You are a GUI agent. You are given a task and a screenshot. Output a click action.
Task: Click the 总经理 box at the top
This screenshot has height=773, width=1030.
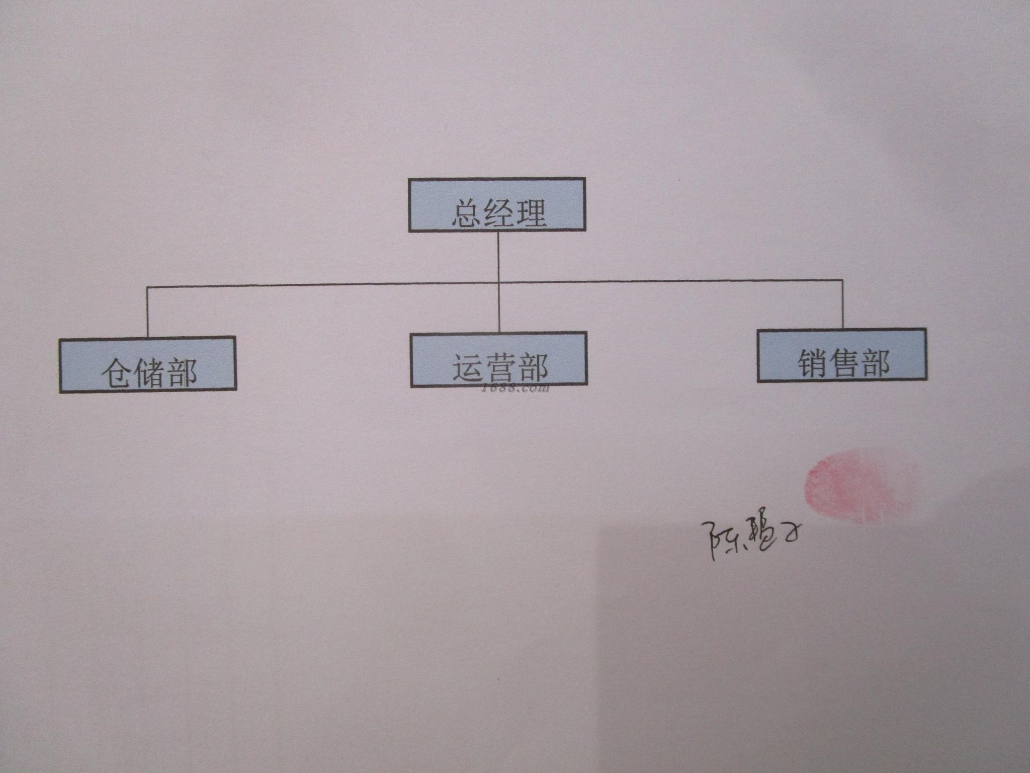pyautogui.click(x=497, y=205)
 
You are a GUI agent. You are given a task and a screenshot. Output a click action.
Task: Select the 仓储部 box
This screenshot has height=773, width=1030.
pyautogui.click(x=147, y=365)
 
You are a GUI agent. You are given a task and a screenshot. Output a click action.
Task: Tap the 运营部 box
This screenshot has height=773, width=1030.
pyautogui.click(x=498, y=359)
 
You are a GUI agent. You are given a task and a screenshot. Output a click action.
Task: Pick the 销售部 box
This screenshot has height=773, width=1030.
pyautogui.click(x=841, y=355)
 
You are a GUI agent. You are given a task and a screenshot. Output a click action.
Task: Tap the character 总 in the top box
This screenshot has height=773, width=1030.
pyautogui.click(x=466, y=213)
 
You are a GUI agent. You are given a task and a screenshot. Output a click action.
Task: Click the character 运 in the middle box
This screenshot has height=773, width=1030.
pyautogui.click(x=467, y=368)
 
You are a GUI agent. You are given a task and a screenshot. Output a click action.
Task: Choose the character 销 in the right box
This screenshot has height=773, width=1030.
pyautogui.click(x=811, y=363)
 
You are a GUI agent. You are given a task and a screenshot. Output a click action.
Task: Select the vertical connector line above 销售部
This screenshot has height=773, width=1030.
pyautogui.click(x=842, y=304)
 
